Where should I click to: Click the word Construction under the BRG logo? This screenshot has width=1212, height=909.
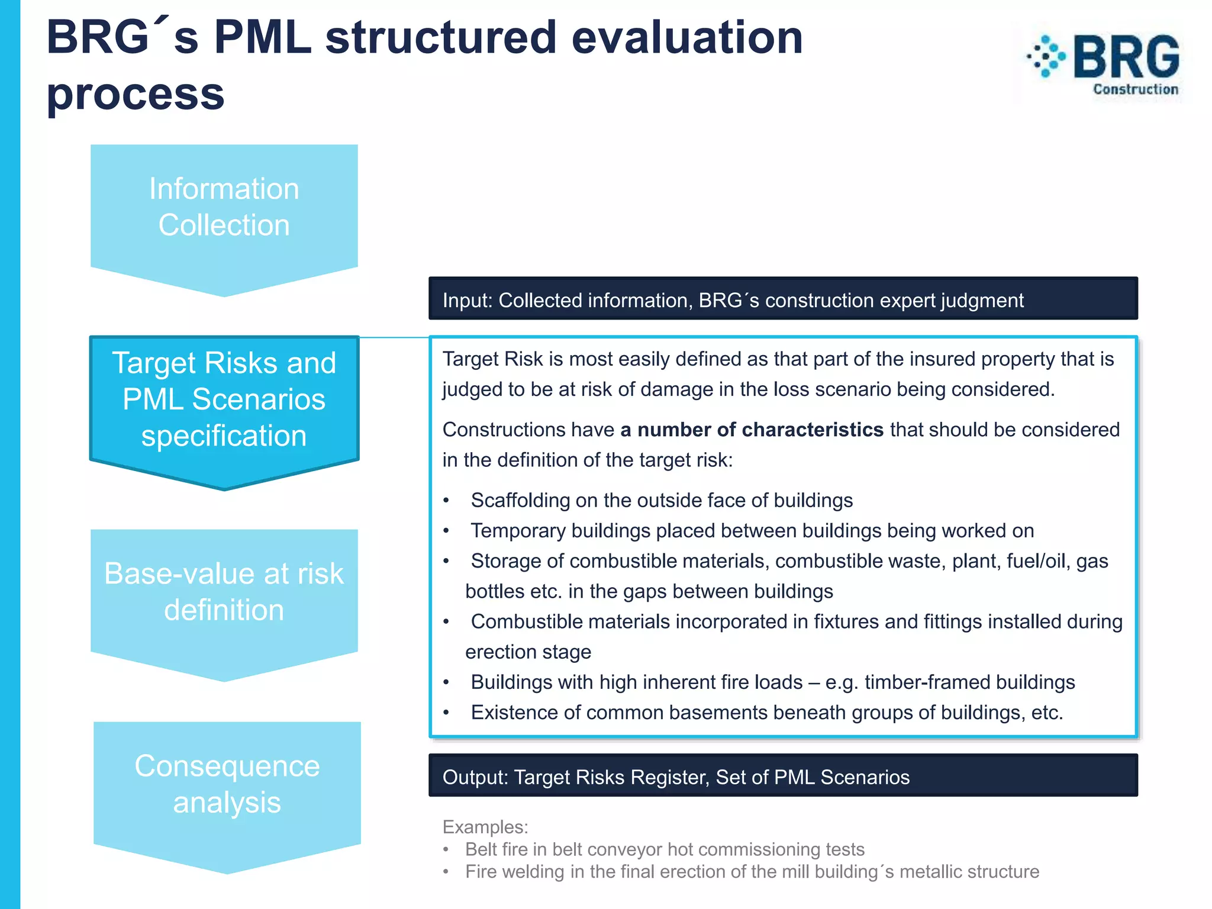(x=1135, y=90)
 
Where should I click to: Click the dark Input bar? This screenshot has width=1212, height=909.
(x=782, y=299)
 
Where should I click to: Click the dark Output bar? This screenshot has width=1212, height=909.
(x=782, y=776)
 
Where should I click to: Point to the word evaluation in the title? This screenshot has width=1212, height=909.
(x=686, y=38)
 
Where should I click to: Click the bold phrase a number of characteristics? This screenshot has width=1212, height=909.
(x=752, y=430)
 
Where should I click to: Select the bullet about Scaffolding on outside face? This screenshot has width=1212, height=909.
(x=661, y=501)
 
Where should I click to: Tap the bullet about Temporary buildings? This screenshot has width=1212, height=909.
(x=752, y=531)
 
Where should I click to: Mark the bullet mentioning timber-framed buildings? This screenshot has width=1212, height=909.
(x=772, y=682)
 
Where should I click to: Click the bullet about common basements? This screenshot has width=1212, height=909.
(x=766, y=713)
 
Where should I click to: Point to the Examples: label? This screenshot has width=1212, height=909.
(x=485, y=827)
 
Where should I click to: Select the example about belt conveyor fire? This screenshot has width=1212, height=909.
(x=664, y=850)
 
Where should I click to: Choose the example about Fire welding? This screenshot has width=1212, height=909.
(x=752, y=872)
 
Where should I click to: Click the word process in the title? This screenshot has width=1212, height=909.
(x=136, y=95)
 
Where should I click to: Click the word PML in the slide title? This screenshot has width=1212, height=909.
(x=263, y=38)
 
